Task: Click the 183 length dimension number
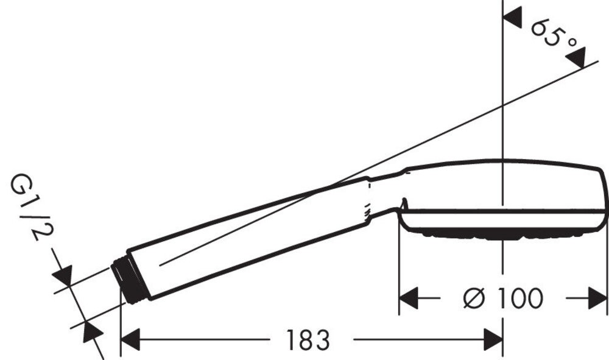click(308, 339)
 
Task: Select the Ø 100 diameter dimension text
click(503, 298)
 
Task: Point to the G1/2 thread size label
click(32, 207)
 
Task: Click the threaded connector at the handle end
click(130, 279)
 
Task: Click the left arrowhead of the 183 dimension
click(130, 339)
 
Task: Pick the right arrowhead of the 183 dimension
click(493, 339)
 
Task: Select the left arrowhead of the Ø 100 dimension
click(409, 298)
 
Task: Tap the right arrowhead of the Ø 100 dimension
click(597, 298)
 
